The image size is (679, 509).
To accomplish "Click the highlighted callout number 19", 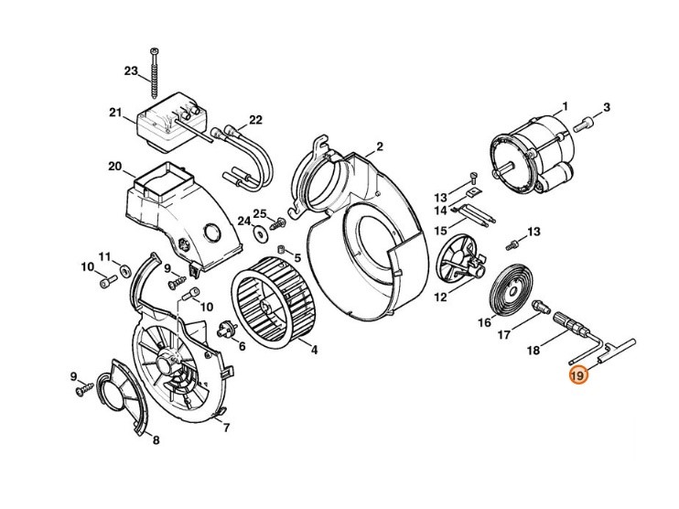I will click(x=577, y=376).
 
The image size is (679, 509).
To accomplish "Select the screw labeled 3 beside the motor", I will click(x=587, y=121).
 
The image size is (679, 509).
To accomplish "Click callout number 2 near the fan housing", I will click(x=380, y=146).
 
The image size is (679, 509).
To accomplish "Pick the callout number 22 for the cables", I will click(x=230, y=120).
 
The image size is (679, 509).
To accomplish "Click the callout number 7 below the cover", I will click(x=226, y=428).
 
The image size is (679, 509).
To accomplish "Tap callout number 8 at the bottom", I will click(x=156, y=440).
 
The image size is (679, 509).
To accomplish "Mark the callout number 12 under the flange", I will click(x=440, y=297).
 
